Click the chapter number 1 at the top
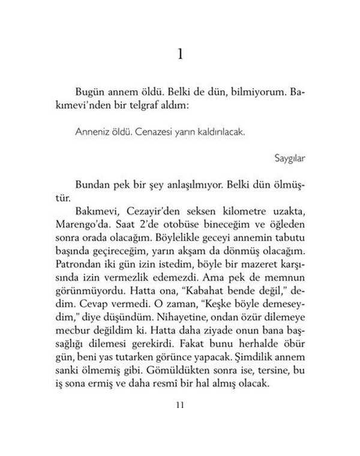coord(181,55)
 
